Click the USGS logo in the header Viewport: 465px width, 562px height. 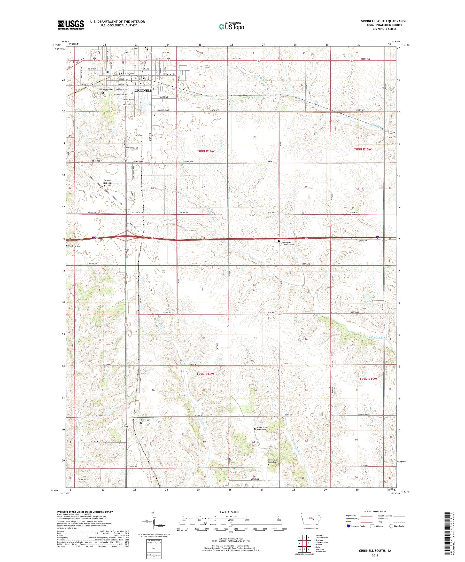[71, 25]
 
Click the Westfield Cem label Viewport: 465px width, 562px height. [74, 246]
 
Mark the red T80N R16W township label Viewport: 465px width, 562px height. [206, 151]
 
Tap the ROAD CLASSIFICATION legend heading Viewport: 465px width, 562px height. [376, 511]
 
